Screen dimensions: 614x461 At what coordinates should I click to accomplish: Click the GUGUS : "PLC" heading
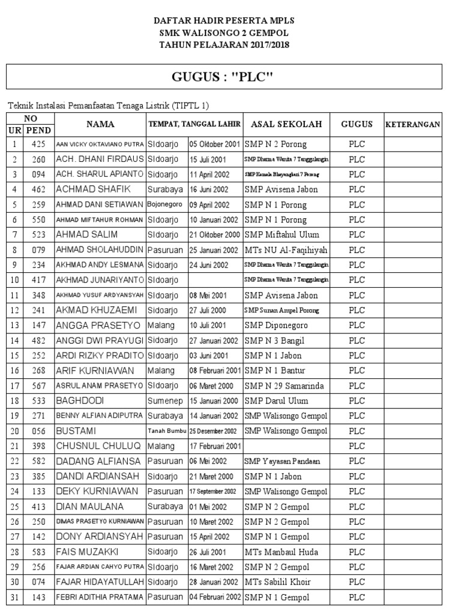(x=223, y=77)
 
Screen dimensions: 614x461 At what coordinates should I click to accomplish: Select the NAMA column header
(x=100, y=124)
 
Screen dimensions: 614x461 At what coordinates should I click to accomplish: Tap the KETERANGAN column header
(x=412, y=125)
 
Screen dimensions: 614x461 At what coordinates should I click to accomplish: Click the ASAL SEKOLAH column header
(x=286, y=124)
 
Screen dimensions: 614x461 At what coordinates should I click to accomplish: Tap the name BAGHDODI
(x=77, y=401)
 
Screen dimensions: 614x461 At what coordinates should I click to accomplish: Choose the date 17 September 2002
(x=212, y=492)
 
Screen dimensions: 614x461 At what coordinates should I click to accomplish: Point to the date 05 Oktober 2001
(x=215, y=145)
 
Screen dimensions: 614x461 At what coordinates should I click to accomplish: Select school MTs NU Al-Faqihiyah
(x=286, y=250)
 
